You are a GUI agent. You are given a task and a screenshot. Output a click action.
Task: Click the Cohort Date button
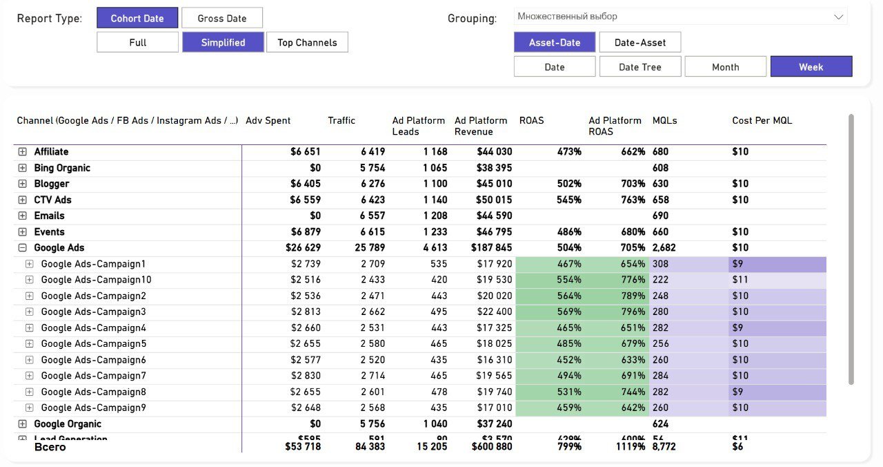[x=137, y=18]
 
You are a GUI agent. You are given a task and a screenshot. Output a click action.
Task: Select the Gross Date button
[x=222, y=18]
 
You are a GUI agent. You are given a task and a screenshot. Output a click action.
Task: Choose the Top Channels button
[x=307, y=42]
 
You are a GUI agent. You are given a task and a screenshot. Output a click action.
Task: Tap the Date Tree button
[x=640, y=67]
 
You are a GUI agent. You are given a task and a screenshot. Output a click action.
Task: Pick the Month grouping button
[x=725, y=67]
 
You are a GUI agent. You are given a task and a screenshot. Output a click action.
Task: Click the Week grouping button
[x=811, y=67]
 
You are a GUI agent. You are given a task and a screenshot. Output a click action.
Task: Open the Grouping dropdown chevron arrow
[x=839, y=17]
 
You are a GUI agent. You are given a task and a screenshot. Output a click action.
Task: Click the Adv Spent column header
[x=268, y=120]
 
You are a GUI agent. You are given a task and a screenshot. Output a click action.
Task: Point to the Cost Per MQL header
[x=762, y=120]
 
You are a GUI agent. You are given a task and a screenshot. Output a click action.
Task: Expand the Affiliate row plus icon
[x=22, y=152]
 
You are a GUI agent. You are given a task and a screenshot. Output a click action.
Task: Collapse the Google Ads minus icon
[x=22, y=248]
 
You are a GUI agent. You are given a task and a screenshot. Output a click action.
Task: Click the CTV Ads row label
[x=52, y=200]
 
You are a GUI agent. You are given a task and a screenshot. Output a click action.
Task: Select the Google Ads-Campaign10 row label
[x=96, y=280]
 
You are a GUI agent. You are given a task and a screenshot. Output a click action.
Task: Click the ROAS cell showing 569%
[x=570, y=312]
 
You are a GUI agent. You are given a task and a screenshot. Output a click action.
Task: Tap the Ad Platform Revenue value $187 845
[x=491, y=248]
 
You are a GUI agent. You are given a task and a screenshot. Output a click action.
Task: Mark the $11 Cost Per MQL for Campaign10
[x=740, y=280]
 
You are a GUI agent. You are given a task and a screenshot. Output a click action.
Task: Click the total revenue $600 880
[x=491, y=447]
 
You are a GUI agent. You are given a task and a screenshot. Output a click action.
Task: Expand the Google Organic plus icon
[x=22, y=424]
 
